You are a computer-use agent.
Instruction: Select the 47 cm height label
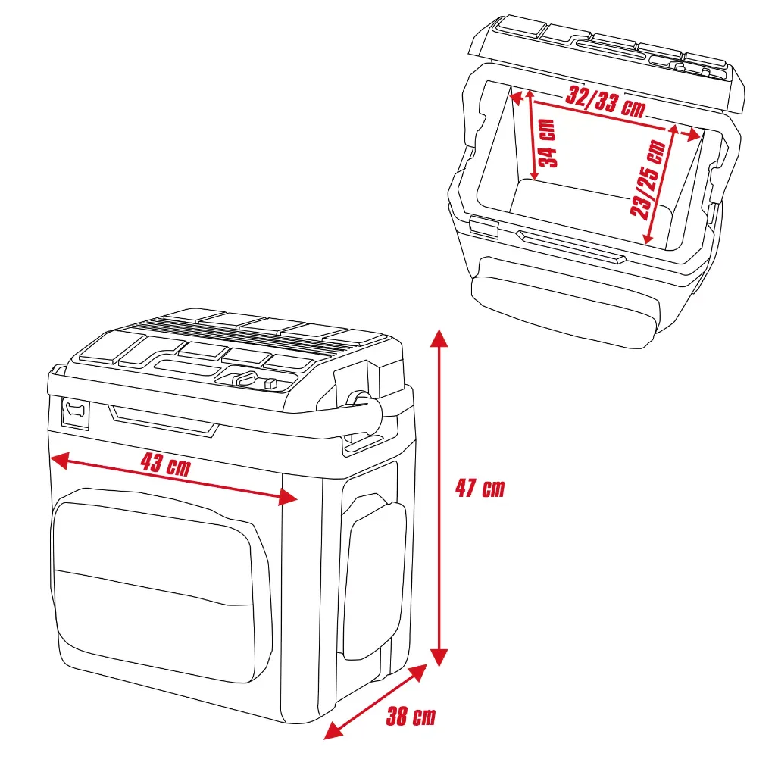pyautogui.click(x=479, y=489)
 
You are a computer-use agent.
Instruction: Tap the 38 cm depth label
pyautogui.click(x=411, y=716)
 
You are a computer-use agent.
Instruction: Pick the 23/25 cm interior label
pyautogui.click(x=650, y=180)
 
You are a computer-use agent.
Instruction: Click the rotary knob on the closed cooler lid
pyautogui.click(x=243, y=378)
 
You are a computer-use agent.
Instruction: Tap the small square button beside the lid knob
pyautogui.click(x=270, y=384)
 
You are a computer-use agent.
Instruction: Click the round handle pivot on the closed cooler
pyautogui.click(x=358, y=399)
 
